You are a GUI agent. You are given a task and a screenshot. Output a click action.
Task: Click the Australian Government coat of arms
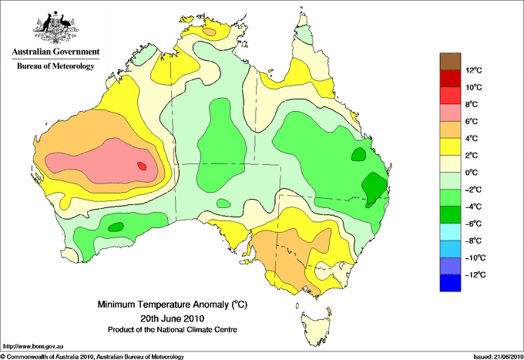click(55, 26)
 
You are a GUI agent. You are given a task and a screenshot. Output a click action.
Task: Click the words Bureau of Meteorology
click(55, 66)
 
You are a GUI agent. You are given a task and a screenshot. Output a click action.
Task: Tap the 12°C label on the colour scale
click(474, 70)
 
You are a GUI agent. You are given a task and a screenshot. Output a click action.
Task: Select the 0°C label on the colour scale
click(472, 173)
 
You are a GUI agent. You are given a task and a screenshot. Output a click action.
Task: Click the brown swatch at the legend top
click(450, 62)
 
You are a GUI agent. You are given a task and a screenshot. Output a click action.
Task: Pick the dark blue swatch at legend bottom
click(450, 283)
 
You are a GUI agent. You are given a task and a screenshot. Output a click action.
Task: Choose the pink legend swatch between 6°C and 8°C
click(450, 113)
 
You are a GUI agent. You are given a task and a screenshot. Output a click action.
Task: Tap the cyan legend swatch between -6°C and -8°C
click(450, 232)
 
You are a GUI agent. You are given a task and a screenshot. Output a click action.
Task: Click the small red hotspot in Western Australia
click(142, 166)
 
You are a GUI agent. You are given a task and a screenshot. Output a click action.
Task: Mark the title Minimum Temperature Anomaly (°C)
click(173, 304)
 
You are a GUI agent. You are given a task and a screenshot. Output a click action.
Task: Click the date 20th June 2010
click(173, 318)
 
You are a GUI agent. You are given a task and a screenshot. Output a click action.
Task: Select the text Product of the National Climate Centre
click(173, 330)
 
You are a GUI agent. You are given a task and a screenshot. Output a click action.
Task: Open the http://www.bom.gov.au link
click(33, 347)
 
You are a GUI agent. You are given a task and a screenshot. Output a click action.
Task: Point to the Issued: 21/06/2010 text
click(498, 357)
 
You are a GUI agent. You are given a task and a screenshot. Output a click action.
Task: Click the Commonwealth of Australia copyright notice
click(92, 357)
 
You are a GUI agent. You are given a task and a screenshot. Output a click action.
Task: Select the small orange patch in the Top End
click(210, 32)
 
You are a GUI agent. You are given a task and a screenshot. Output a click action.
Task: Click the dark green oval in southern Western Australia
click(116, 227)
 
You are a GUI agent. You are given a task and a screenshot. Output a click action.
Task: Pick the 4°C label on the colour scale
click(472, 139)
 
